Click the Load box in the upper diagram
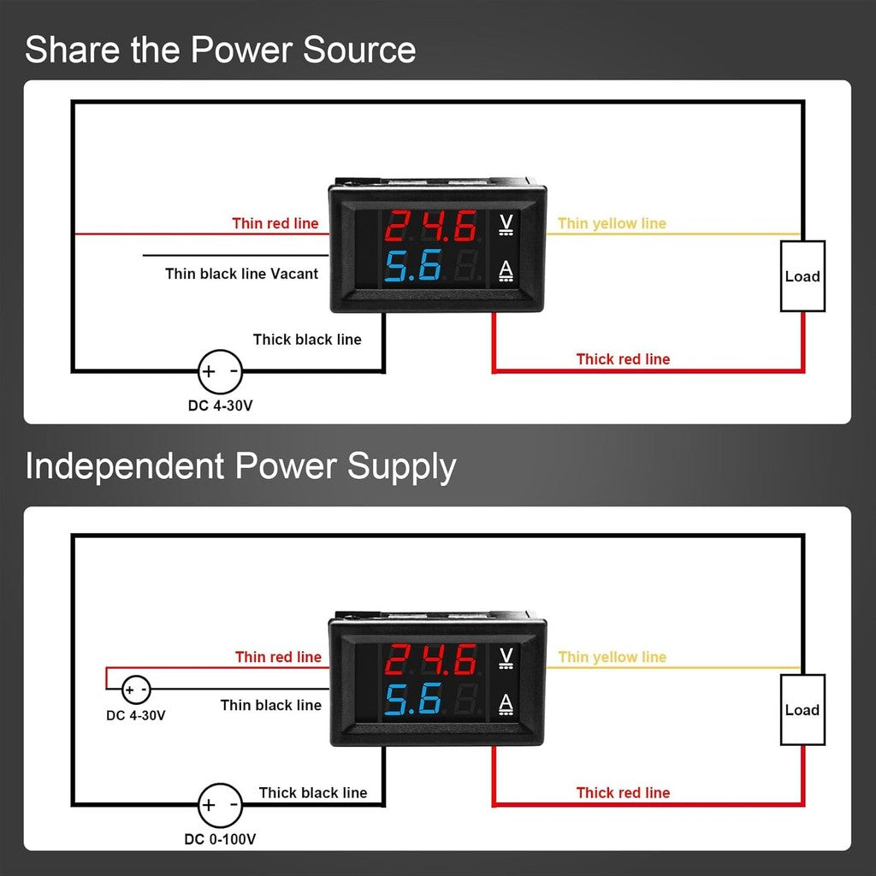[802, 276]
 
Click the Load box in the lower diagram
[802, 710]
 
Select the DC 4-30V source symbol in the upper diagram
[220, 372]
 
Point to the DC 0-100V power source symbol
[220, 805]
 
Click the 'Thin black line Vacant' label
[241, 274]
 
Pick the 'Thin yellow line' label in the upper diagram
[612, 224]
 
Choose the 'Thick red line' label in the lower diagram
[623, 793]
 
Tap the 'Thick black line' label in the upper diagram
[307, 340]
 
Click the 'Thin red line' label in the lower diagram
[279, 657]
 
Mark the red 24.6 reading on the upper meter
[431, 228]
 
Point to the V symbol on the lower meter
[506, 657]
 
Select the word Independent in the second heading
[124, 467]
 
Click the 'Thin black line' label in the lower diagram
[270, 705]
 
